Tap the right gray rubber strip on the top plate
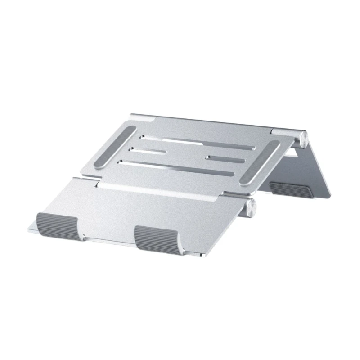tap(260, 162)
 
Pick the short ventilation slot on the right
tap(225, 159)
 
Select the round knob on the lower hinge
tap(250, 208)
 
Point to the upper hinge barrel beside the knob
tap(286, 133)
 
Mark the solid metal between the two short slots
tap(187, 153)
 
